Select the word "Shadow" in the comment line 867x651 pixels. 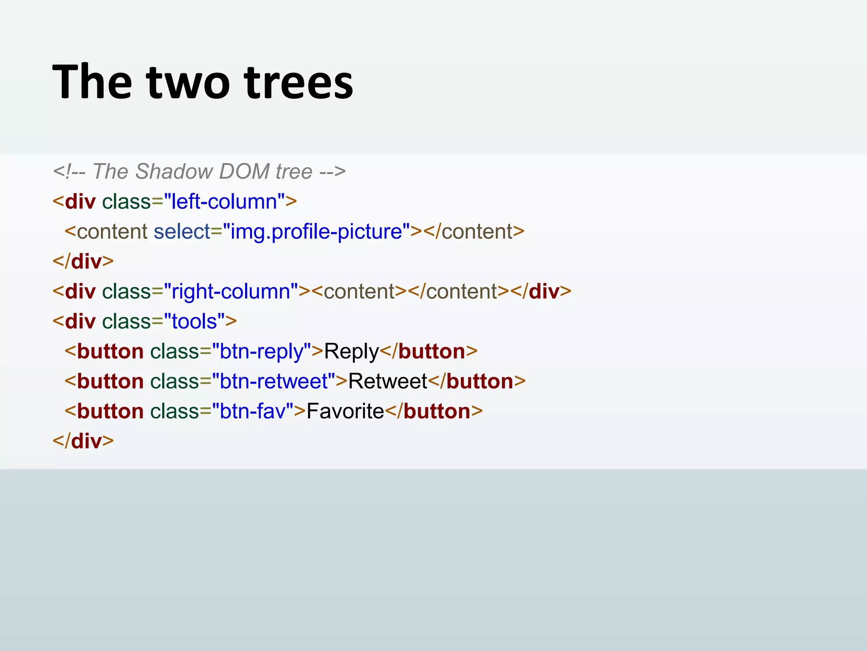[174, 172]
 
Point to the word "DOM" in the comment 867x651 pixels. [244, 172]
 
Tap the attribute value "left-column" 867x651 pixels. [224, 201]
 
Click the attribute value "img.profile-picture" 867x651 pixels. [316, 231]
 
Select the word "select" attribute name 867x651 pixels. [182, 231]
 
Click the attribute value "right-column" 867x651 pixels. [231, 292]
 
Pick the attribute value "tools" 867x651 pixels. [194, 321]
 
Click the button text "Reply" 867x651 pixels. [351, 351]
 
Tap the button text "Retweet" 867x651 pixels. [387, 381]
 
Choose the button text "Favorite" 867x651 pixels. [345, 411]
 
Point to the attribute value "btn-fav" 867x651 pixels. [253, 411]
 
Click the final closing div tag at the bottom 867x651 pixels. [83, 441]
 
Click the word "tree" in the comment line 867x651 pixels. [294, 172]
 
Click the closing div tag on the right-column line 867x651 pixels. [541, 292]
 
